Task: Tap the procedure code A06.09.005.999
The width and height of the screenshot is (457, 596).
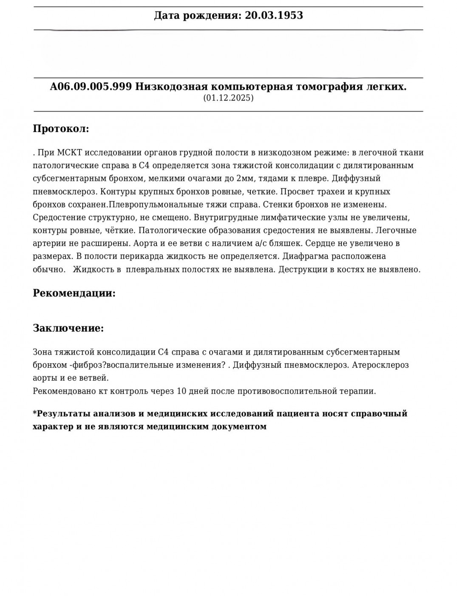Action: pos(91,87)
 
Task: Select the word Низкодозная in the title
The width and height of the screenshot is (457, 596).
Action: pos(167,87)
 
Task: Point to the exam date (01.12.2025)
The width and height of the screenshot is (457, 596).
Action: pos(228,98)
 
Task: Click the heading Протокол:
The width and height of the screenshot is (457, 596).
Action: pos(61,129)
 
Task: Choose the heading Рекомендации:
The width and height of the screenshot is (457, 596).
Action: pos(74,293)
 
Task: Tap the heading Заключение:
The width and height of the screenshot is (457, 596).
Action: pos(68,328)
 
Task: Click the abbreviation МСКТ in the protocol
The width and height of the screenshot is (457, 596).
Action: pos(68,153)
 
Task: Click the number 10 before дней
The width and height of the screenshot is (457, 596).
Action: pos(181,391)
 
